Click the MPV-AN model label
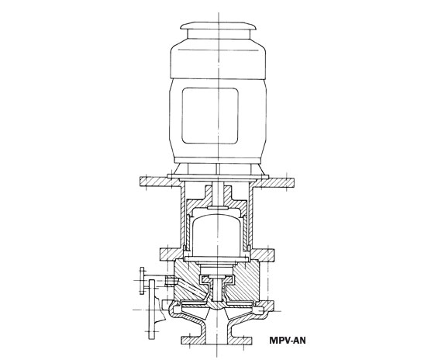click(x=288, y=341)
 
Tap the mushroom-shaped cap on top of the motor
click(x=218, y=26)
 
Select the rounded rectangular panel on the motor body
click(x=210, y=116)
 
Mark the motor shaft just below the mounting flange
click(x=218, y=193)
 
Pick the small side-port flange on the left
click(x=142, y=281)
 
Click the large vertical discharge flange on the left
click(x=152, y=310)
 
